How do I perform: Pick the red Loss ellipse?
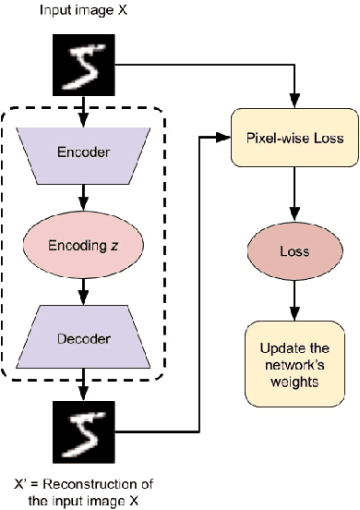point(294,249)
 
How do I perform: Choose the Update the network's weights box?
point(294,355)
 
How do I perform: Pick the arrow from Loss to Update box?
point(294,300)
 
